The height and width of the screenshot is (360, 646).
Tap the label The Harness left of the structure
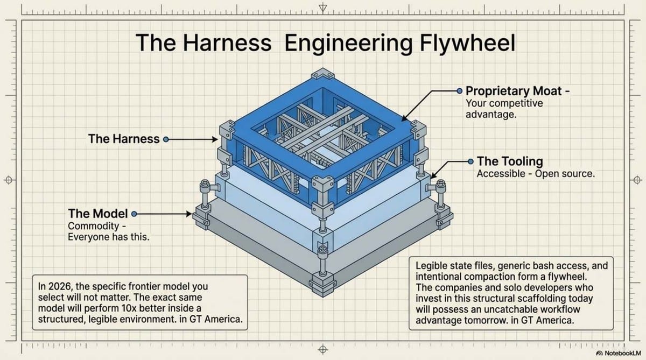click(x=124, y=139)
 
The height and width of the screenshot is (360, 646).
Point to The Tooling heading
click(x=510, y=161)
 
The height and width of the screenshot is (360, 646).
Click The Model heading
click(x=97, y=214)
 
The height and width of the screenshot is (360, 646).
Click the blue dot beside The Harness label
click(x=166, y=139)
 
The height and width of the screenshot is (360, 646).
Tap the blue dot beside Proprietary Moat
click(x=459, y=91)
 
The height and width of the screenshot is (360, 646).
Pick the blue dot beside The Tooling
click(x=471, y=161)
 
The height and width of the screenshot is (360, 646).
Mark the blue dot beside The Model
click(x=134, y=214)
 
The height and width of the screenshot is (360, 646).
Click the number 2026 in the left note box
click(x=60, y=286)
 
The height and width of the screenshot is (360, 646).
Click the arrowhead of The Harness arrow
click(x=214, y=139)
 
